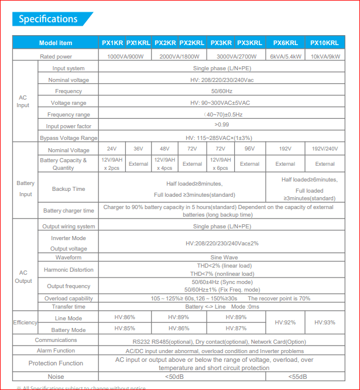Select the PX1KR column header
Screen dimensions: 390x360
(112, 43)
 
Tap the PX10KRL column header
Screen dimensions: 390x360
(324, 43)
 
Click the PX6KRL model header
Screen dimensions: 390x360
(285, 43)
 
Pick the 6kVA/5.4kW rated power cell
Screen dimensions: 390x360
(285, 57)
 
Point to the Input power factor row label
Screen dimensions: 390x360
(68, 126)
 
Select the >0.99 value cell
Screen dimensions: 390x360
(222, 124)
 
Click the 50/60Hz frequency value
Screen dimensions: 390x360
(222, 91)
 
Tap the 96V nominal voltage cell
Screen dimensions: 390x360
(249, 149)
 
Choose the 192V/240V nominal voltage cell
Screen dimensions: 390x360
(324, 149)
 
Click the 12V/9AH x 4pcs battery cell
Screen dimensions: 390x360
(164, 163)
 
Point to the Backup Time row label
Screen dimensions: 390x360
(68, 189)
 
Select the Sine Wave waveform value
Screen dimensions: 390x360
(222, 258)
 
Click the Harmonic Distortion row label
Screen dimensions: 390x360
(68, 270)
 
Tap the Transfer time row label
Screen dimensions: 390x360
(68, 307)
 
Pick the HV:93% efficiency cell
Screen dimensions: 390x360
(324, 322)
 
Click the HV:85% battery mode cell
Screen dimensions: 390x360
(125, 329)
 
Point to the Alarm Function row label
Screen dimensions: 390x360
(56, 351)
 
